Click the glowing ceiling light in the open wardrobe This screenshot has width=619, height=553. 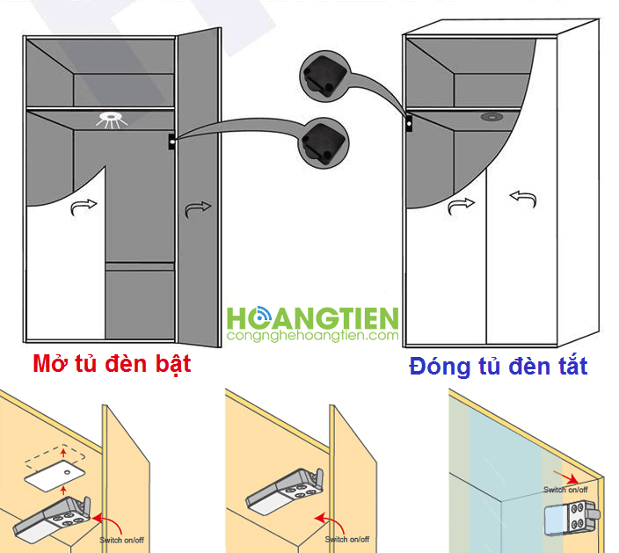112,120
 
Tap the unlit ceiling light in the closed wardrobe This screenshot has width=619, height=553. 492,116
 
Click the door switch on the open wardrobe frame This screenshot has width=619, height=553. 172,142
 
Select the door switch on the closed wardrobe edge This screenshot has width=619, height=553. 410,124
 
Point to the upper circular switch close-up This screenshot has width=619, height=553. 325,75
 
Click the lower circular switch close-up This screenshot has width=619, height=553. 324,142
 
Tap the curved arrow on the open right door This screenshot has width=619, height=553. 198,209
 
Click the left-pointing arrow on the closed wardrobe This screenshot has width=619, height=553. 523,198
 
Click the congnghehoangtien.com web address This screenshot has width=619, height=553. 313,336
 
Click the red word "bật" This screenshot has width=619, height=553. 173,364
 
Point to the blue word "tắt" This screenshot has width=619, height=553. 573,366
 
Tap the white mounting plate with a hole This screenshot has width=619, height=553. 55,476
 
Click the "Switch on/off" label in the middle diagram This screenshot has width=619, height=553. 347,539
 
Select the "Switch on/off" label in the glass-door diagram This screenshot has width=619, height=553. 565,490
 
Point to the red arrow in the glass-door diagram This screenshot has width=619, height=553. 566,477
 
